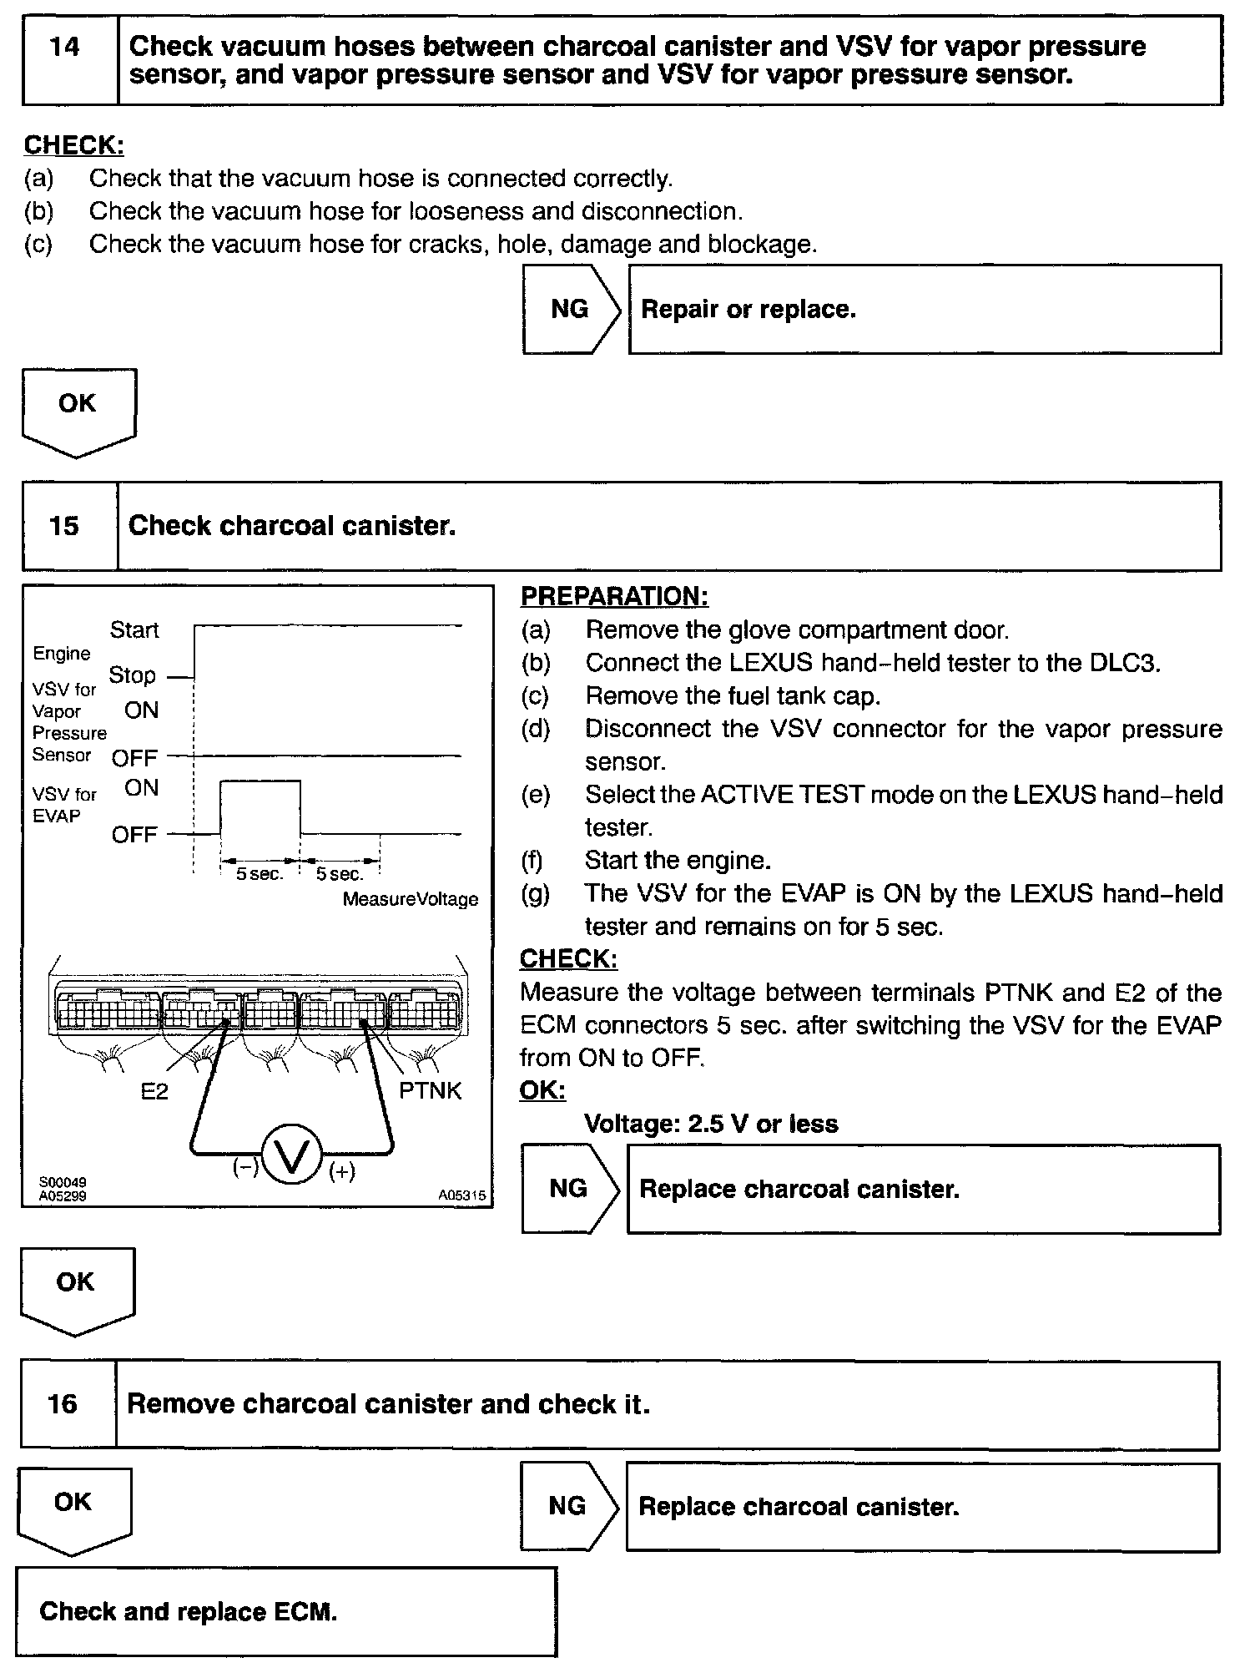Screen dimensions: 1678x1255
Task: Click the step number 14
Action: [65, 48]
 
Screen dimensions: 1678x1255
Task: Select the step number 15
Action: [63, 526]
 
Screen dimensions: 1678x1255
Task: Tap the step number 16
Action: [63, 1403]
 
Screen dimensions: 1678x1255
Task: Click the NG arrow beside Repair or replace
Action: [571, 310]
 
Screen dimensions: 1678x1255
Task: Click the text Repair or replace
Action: [748, 310]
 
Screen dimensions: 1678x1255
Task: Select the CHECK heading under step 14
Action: [73, 145]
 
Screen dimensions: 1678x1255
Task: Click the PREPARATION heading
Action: [614, 596]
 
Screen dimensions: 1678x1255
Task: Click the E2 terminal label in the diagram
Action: [154, 1091]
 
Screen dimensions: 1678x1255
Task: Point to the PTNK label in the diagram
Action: [430, 1090]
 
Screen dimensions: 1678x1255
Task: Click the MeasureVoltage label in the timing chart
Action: [411, 899]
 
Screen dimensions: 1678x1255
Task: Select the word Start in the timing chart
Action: [134, 629]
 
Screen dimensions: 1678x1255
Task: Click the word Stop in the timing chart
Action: [132, 675]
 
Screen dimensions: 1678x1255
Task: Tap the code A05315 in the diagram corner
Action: [461, 1195]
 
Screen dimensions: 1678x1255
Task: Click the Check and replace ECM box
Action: [285, 1611]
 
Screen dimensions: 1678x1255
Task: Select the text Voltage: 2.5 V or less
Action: [710, 1124]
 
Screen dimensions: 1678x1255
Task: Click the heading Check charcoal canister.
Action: [292, 526]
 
